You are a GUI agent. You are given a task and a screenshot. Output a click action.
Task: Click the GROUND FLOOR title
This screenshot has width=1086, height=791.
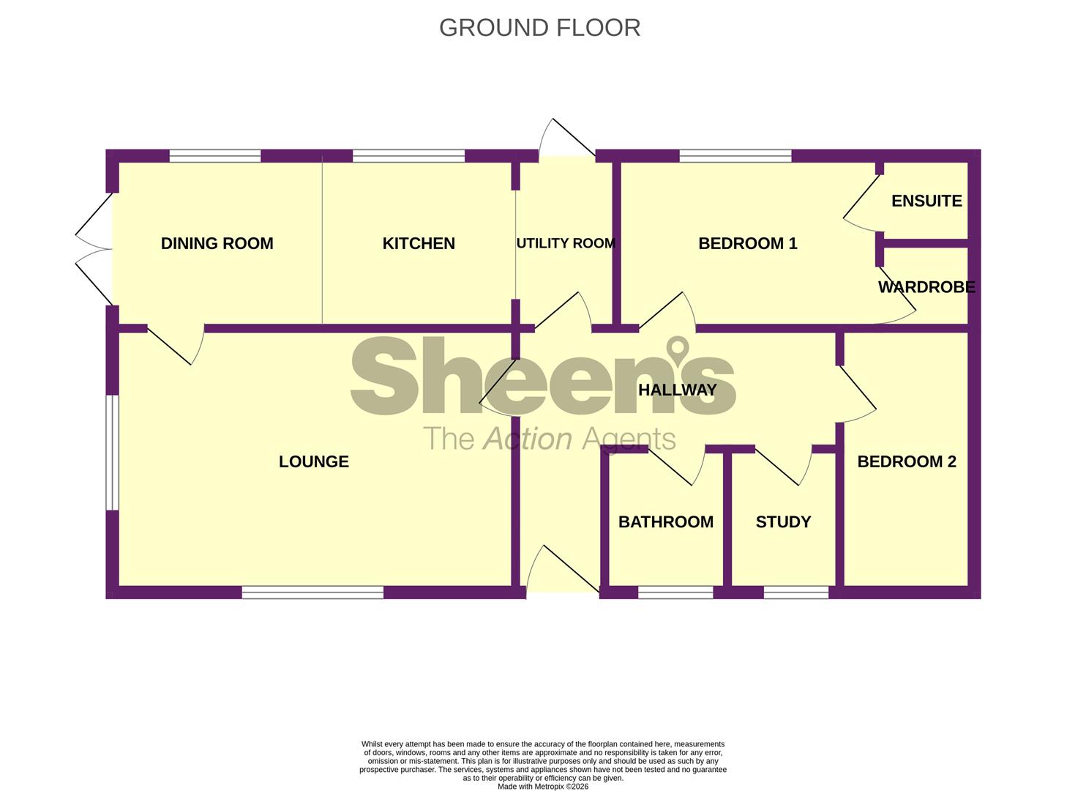tap(539, 28)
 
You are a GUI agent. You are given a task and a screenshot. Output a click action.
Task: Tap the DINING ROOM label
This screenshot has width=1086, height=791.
tap(217, 243)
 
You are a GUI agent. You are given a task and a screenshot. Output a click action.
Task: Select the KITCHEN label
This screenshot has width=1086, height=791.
tap(419, 243)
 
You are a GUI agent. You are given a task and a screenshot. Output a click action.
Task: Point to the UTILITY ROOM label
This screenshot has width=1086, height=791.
tap(566, 243)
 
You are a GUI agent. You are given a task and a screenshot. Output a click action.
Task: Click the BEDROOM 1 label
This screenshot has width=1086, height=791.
tap(747, 243)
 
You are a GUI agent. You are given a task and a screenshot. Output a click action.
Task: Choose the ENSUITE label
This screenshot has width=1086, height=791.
tap(926, 201)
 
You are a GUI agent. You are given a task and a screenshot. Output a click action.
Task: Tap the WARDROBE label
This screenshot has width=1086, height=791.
tap(926, 287)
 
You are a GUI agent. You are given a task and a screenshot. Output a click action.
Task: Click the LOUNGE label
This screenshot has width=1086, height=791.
tap(313, 461)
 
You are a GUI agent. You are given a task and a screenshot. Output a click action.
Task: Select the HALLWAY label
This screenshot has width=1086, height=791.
tap(677, 390)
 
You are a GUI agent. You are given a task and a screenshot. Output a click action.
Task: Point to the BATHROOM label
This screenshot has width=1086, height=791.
tap(665, 522)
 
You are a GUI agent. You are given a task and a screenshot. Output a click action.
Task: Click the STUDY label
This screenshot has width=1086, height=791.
tap(783, 522)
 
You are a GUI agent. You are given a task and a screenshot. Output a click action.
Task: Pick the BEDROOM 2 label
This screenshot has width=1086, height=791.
tap(906, 461)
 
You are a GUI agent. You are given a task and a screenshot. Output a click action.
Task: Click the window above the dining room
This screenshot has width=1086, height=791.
tap(215, 156)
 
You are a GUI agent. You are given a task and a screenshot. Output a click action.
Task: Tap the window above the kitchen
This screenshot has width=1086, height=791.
tap(408, 156)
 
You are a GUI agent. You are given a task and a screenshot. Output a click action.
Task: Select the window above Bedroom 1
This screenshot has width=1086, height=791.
tap(735, 156)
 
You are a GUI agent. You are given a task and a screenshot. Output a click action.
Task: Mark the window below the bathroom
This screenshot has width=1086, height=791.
tap(675, 593)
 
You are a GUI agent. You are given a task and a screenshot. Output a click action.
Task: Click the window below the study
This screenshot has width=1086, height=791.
tap(796, 593)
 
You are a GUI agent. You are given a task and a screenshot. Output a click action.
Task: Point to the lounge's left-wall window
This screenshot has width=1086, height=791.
tap(112, 453)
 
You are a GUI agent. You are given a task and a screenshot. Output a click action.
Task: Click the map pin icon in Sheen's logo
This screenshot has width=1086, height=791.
tap(678, 349)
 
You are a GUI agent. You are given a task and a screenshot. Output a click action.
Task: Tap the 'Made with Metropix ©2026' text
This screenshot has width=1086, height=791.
tap(542, 787)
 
